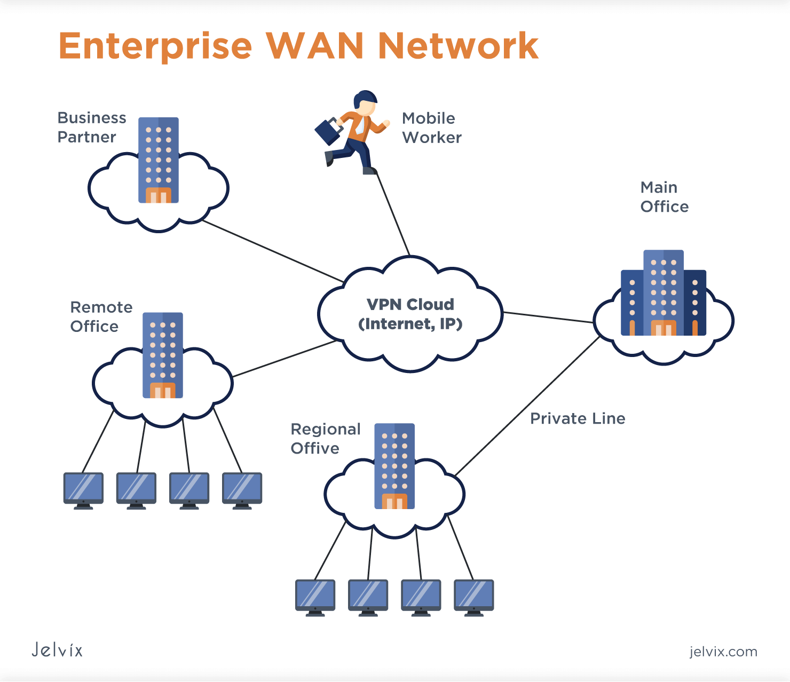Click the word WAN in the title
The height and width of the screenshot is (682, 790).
point(315,46)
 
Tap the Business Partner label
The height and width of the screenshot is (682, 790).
point(91,128)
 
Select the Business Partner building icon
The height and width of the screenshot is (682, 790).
point(159,160)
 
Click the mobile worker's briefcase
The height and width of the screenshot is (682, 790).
point(328,131)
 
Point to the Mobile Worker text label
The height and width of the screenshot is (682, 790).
point(431,128)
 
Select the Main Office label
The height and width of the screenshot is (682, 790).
point(664,197)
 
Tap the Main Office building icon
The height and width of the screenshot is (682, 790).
point(663,293)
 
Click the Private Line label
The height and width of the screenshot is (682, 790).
point(578,418)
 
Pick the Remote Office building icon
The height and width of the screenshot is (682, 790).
point(163,355)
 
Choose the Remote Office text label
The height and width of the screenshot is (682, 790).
point(101,317)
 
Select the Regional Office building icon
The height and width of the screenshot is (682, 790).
point(394,466)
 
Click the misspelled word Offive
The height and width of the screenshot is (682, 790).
point(315,448)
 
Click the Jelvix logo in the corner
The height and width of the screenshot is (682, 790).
point(57,649)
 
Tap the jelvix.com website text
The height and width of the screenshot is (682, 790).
point(723,652)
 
